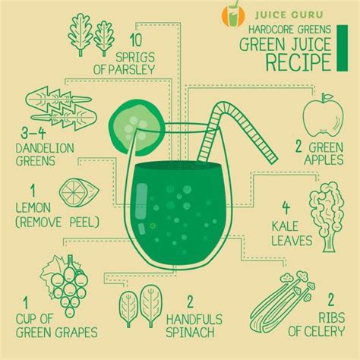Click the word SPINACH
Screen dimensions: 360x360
pos(208,331)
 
